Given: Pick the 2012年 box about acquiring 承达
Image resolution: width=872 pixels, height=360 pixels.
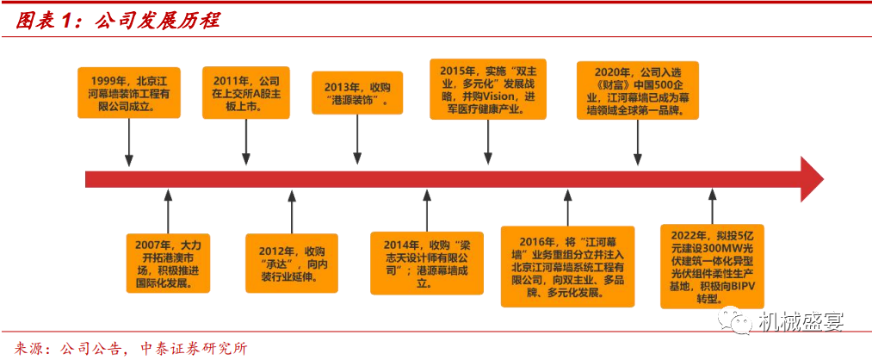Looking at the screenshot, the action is [x=288, y=258].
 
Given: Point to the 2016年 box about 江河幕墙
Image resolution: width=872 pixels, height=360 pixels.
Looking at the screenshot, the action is [x=566, y=266].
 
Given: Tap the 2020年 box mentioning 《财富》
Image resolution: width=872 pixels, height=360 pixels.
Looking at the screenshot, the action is [x=637, y=90].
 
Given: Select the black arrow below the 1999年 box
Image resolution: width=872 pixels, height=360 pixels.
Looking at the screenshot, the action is [x=130, y=142].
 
